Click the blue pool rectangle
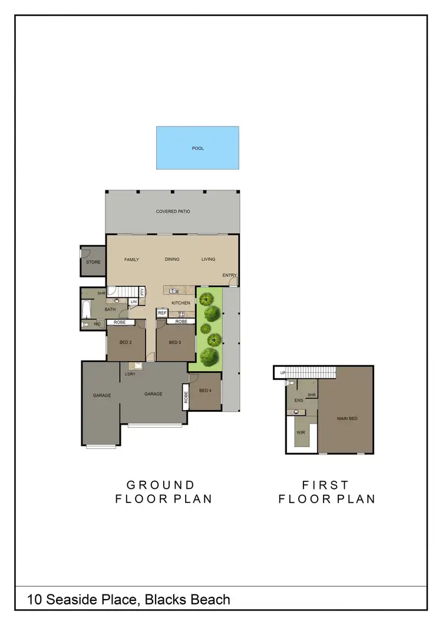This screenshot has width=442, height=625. pos(197,148)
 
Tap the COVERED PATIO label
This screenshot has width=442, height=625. pos(173,211)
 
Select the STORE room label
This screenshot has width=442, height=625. pos(93,262)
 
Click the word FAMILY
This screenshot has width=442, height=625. pos(131,259)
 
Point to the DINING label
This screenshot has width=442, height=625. pos(172,259)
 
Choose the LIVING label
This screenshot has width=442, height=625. pos(208,259)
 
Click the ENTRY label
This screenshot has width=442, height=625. pos(229,275)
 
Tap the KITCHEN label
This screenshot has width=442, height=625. pos(181,303)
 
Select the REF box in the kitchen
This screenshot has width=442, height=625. pos(161,313)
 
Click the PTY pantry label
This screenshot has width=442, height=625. pos(142,292)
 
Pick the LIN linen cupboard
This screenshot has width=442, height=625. pos(133,302)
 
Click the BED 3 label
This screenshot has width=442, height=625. pos(174,342)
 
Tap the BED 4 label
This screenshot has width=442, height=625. pos(205,390)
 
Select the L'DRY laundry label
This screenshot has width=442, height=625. pos(131,373)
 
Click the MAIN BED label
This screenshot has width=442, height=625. pos(347,418)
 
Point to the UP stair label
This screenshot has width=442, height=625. pos(283,373)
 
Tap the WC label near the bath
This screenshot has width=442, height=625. pos(97,324)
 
